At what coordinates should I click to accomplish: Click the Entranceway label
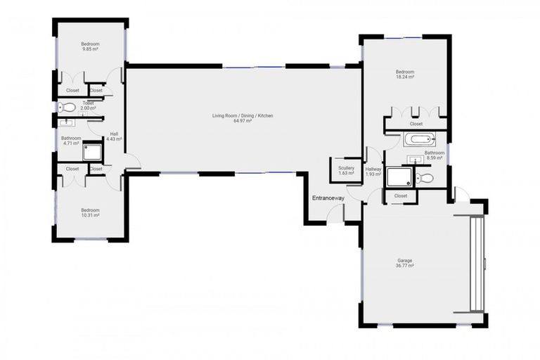click(x=328, y=198)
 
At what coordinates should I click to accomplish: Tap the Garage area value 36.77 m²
click(x=404, y=266)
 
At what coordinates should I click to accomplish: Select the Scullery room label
click(x=346, y=168)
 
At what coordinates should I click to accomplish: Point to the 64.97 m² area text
click(x=243, y=121)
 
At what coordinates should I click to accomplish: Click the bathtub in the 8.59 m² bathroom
click(x=420, y=140)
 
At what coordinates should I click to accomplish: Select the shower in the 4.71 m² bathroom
click(x=92, y=151)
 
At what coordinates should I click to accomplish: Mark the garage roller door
click(x=477, y=263)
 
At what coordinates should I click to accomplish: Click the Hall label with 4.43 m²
click(x=113, y=137)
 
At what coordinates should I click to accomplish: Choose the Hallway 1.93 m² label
click(x=373, y=171)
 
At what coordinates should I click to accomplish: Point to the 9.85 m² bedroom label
click(x=90, y=46)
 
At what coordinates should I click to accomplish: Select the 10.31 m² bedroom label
click(x=90, y=212)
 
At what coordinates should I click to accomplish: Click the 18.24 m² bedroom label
click(x=404, y=74)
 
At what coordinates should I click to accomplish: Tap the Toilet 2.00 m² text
click(x=89, y=105)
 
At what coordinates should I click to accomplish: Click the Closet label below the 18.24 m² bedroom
click(x=416, y=124)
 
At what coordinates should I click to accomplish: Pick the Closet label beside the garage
click(x=401, y=195)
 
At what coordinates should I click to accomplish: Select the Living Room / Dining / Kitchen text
click(x=243, y=115)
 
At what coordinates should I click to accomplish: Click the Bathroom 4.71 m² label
click(x=71, y=141)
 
